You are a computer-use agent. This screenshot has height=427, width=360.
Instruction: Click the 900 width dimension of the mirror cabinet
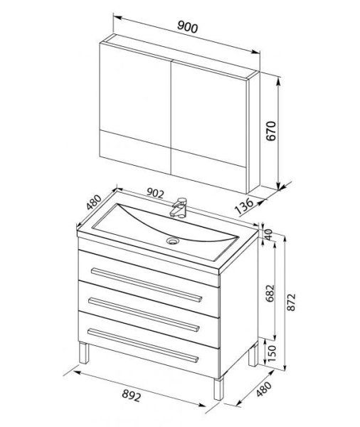click(x=187, y=27)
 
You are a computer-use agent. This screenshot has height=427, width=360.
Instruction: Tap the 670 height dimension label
click(x=271, y=131)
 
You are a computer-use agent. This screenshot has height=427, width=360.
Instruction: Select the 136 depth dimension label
click(x=244, y=206)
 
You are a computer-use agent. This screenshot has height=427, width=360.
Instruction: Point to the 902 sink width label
click(x=155, y=193)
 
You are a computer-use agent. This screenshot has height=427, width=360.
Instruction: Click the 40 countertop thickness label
click(x=268, y=234)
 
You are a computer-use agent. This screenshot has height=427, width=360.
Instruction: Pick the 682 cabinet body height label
click(x=270, y=293)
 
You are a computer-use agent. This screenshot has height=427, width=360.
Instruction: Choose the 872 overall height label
click(x=291, y=302)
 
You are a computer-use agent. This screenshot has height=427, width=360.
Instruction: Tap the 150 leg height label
click(x=272, y=354)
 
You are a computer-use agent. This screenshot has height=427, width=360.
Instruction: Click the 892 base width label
click(x=132, y=396)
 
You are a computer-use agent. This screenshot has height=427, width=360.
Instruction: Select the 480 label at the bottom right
click(x=264, y=389)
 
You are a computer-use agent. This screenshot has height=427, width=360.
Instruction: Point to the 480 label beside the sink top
click(x=94, y=202)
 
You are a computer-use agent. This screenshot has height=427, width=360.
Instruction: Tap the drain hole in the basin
click(x=173, y=241)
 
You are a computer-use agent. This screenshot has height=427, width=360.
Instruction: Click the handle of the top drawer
click(x=147, y=285)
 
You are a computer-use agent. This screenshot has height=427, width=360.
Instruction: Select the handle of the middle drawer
click(x=144, y=315)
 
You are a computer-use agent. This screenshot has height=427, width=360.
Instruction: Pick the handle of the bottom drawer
click(x=143, y=346)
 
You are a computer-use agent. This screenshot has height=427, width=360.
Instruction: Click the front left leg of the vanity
click(x=84, y=353)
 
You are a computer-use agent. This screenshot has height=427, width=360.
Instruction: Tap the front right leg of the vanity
click(x=218, y=389)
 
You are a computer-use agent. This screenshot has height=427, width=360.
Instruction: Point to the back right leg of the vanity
click(x=253, y=354)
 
